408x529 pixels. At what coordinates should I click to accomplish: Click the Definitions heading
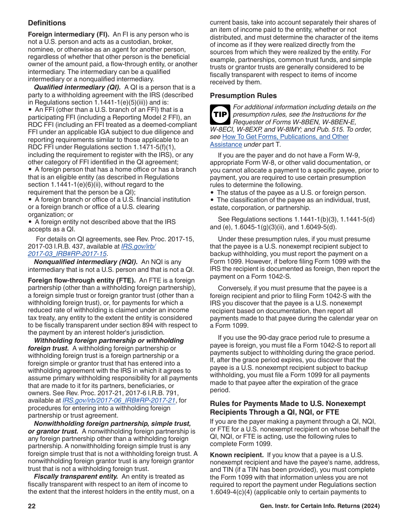47,23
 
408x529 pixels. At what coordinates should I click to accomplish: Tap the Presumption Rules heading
243,96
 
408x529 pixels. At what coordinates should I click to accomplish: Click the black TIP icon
220,114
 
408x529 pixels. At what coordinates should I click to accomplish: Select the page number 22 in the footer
32,506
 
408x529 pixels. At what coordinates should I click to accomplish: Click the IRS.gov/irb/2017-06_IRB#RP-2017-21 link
119,400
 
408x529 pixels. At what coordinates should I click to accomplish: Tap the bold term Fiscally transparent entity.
76,477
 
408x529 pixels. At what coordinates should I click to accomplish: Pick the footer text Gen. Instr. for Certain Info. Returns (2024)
320,506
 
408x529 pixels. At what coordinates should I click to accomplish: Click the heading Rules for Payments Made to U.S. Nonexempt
287,404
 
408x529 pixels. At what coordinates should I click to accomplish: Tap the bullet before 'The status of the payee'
212,193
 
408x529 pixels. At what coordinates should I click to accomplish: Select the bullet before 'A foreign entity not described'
30,222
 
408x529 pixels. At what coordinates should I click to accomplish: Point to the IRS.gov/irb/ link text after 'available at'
138,246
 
